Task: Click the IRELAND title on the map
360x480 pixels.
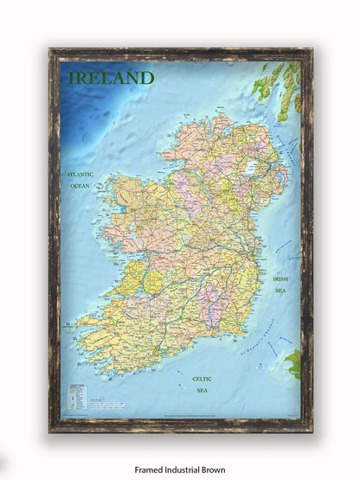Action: coord(111,78)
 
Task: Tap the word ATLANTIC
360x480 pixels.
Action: coord(80,175)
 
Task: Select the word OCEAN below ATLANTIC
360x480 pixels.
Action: coord(80,186)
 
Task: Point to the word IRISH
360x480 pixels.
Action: coord(280,279)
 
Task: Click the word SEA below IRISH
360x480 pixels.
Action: coord(280,291)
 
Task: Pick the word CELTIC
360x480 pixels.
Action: coord(201,379)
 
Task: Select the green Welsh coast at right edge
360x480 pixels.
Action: coord(293,362)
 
